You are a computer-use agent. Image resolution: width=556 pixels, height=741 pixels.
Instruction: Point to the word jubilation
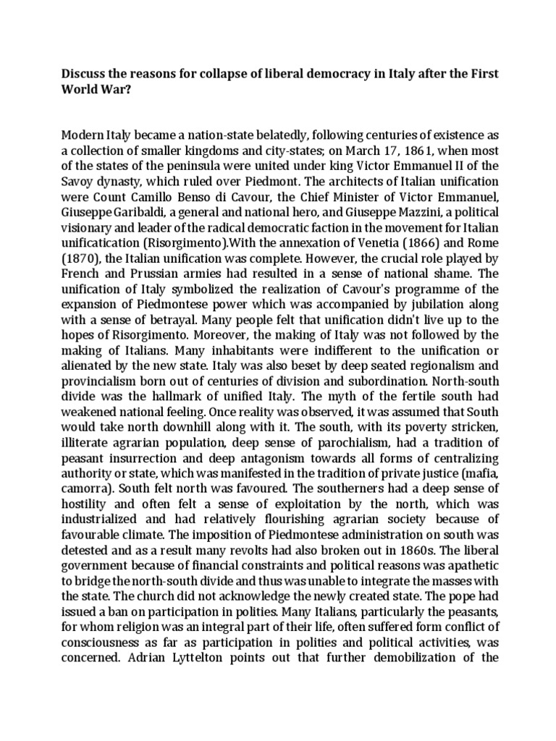pyautogui.click(x=435, y=303)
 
